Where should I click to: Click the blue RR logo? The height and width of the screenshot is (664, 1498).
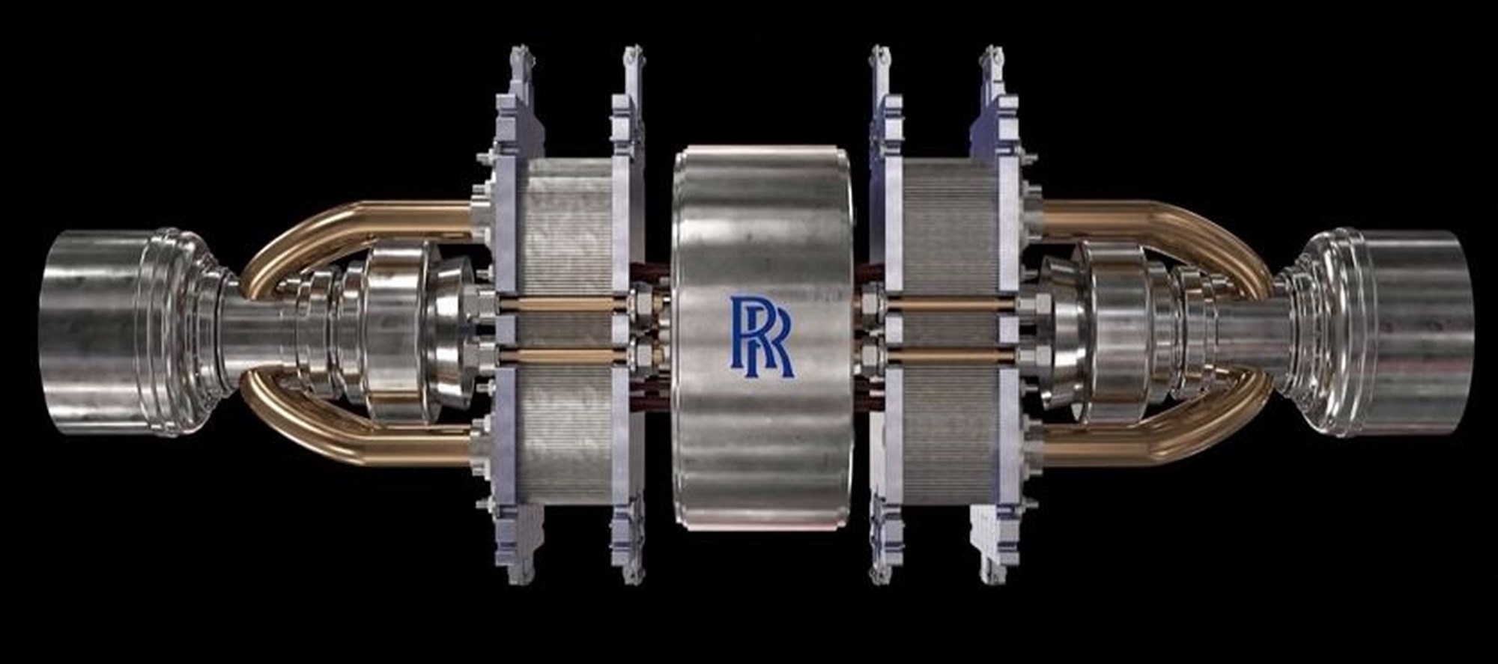[x=761, y=335]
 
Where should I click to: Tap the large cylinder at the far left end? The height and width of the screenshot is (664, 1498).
[x=97, y=332]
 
